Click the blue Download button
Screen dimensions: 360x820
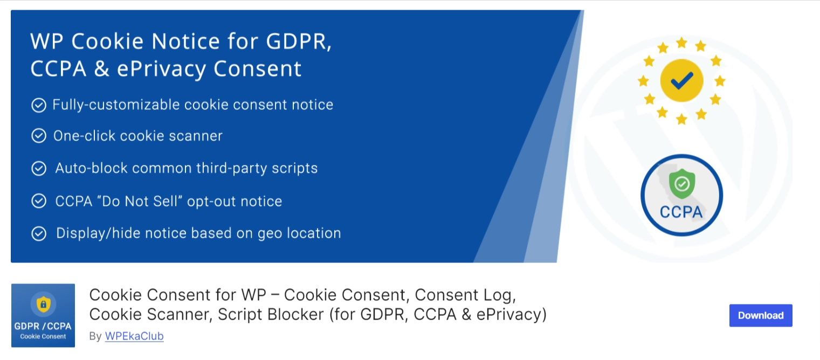tap(760, 315)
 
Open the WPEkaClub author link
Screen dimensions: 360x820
tap(134, 336)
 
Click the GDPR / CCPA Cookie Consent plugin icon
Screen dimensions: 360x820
tap(43, 315)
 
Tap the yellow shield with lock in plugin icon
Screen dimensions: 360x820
tap(43, 304)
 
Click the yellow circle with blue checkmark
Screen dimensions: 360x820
tap(681, 81)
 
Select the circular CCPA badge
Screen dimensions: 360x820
tap(681, 195)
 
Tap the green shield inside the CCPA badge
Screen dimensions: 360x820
tap(682, 184)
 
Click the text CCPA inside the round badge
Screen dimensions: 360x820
tap(681, 212)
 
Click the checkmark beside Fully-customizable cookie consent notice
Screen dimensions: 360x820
tap(39, 105)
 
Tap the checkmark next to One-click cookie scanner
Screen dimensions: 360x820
tap(39, 136)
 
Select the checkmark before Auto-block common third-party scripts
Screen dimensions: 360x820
tap(39, 169)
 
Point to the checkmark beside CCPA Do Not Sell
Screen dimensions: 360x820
tap(39, 202)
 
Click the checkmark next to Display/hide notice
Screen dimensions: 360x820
tap(39, 233)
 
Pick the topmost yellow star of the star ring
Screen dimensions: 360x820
tap(681, 43)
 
